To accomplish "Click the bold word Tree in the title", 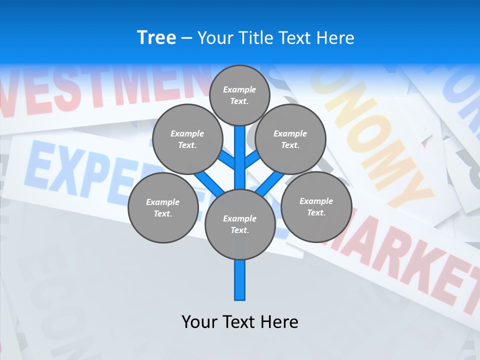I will tap(156, 37).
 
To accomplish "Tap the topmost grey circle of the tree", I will tap(239, 94).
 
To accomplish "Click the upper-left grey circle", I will tap(187, 139).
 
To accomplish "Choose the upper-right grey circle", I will tap(290, 139).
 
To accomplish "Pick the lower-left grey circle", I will tap(163, 207).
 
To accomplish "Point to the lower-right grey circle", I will tap(316, 206).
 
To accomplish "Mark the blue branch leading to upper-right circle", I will tap(252, 159).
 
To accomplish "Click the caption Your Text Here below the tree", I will tap(240, 321).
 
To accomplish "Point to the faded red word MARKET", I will tap(400, 260).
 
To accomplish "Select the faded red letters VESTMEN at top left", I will tap(100, 90).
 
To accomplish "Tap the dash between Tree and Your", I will tap(186, 38).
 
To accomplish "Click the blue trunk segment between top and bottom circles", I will tap(240, 155).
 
